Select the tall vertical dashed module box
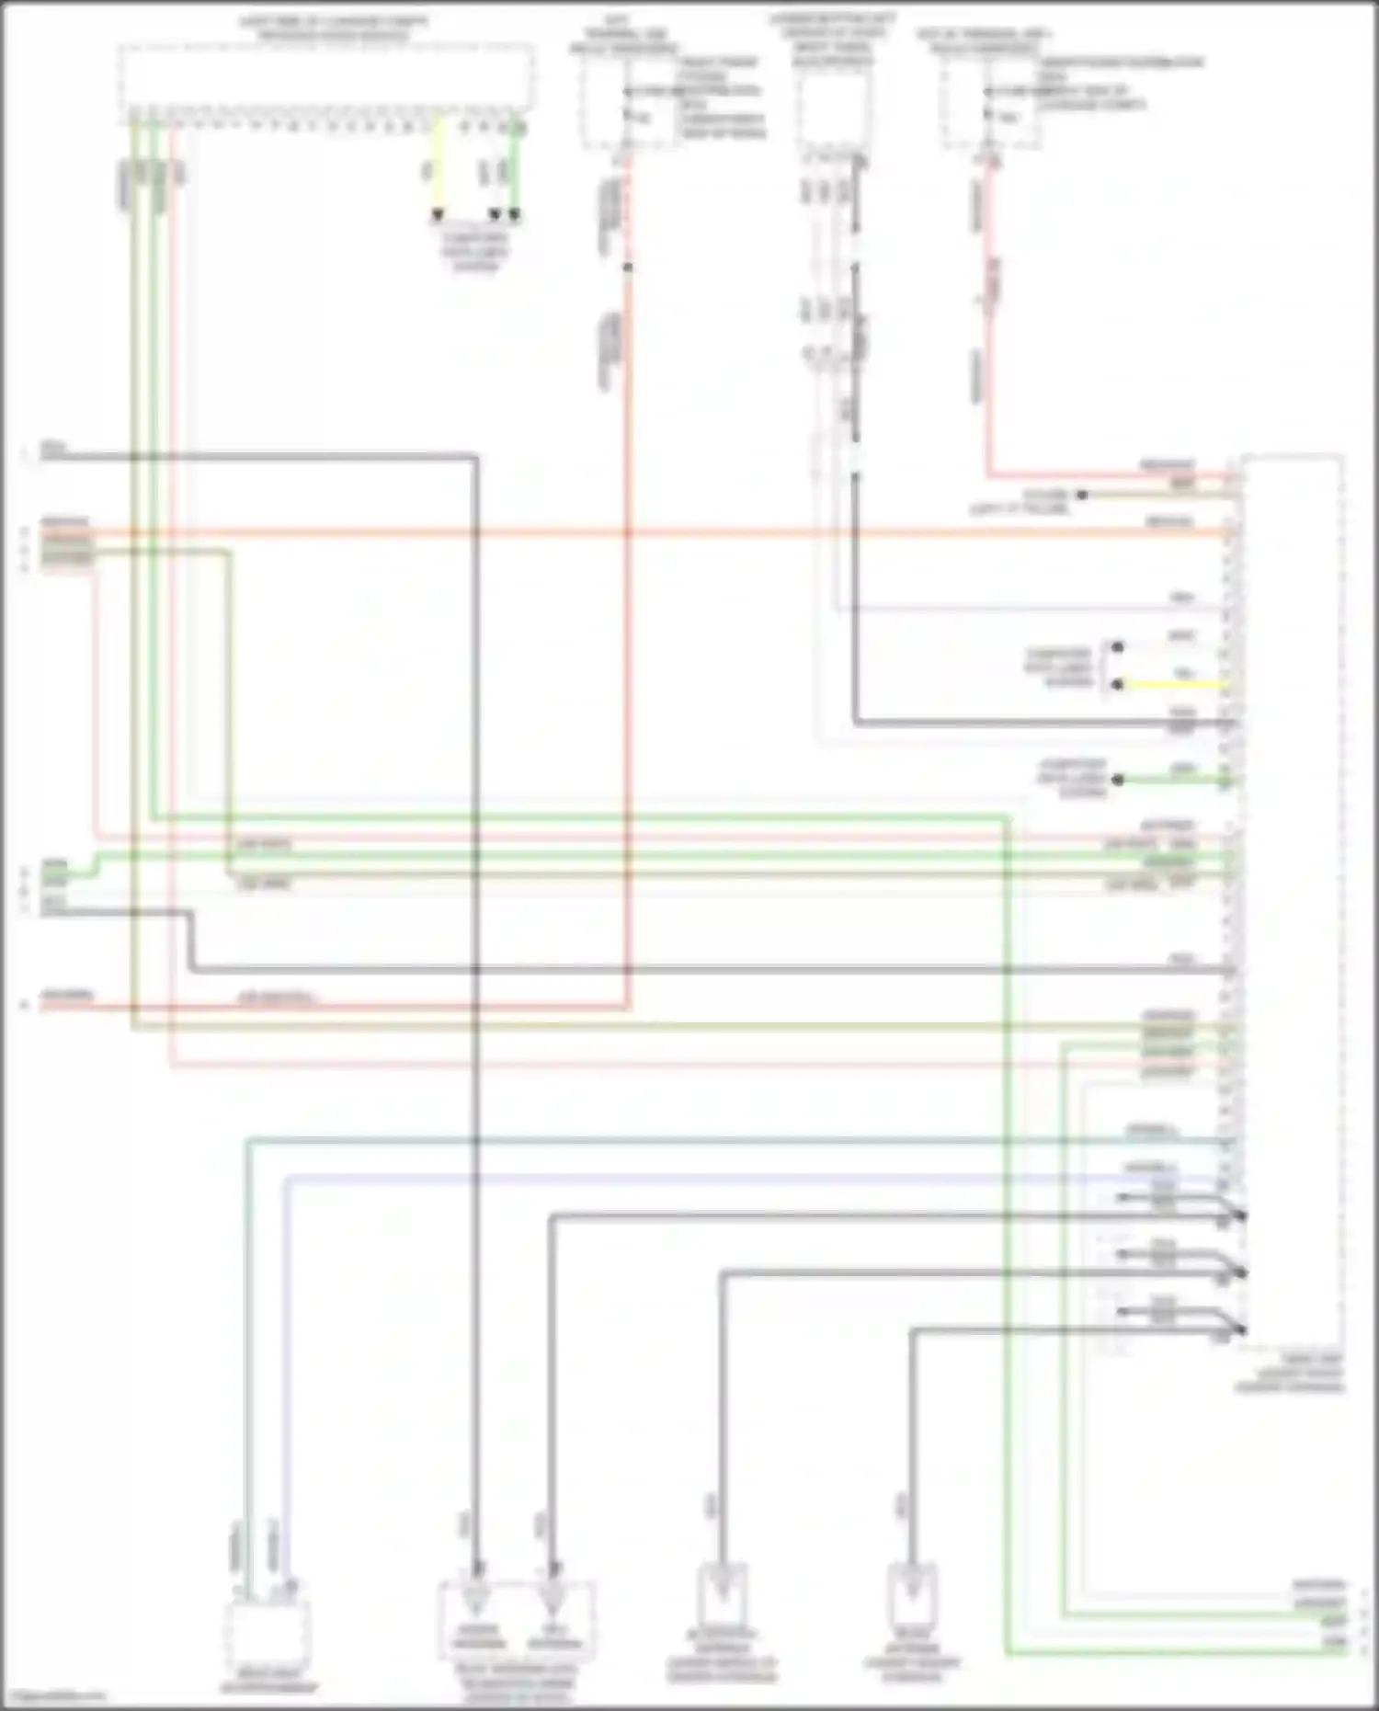[x=1292, y=901]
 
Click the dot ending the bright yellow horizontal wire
[x=1118, y=686]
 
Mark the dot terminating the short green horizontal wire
[x=1118, y=781]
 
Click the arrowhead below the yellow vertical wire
[x=438, y=215]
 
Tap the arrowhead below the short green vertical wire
[x=515, y=215]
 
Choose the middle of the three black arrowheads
[x=495, y=215]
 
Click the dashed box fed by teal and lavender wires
[x=267, y=1633]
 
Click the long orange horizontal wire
[x=644, y=532]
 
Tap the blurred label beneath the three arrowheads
[x=474, y=252]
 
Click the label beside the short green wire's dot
[x=1072, y=779]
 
